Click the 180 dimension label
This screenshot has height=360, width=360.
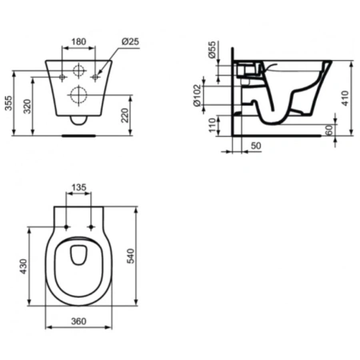[79, 42]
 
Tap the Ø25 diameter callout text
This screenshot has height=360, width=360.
[130, 42]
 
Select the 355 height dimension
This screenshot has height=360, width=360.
[9, 103]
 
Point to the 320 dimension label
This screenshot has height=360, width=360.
[27, 106]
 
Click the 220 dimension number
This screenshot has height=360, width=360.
[125, 115]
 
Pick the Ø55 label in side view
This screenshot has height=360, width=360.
[211, 50]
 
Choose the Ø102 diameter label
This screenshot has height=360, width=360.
[197, 95]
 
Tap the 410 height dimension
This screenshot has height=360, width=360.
[345, 98]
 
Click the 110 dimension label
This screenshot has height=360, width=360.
[212, 125]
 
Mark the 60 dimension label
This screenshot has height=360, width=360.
[330, 130]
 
